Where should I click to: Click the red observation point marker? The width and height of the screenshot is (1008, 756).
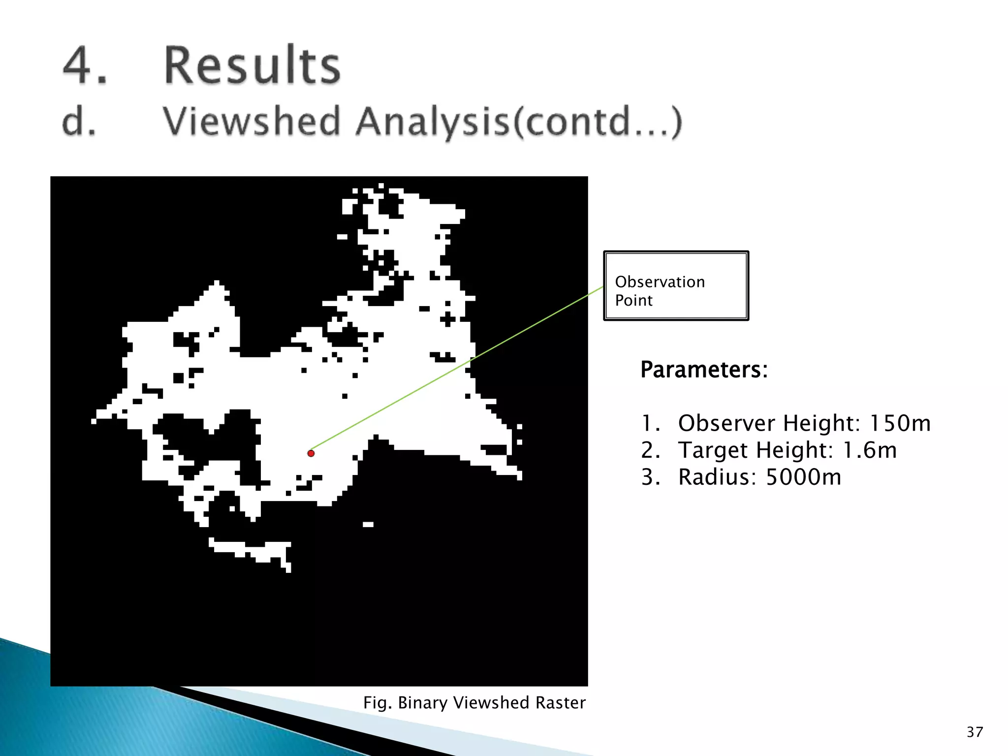[x=311, y=453]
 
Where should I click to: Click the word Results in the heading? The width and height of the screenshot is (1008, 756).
[x=252, y=65]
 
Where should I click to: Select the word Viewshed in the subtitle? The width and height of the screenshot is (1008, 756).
[x=252, y=122]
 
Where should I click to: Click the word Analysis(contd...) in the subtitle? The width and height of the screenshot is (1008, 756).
[x=519, y=122]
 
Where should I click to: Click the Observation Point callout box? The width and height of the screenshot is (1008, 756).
[x=676, y=286]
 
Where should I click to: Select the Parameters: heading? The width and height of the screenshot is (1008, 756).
[x=704, y=370]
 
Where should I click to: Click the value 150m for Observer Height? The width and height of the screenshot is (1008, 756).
[x=900, y=423]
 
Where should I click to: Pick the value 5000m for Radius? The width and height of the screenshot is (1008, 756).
[x=803, y=477]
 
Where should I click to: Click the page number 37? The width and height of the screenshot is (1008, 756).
[x=975, y=732]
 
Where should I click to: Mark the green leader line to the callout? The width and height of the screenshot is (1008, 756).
[x=458, y=369]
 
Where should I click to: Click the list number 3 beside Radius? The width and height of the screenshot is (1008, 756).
[x=649, y=477]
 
